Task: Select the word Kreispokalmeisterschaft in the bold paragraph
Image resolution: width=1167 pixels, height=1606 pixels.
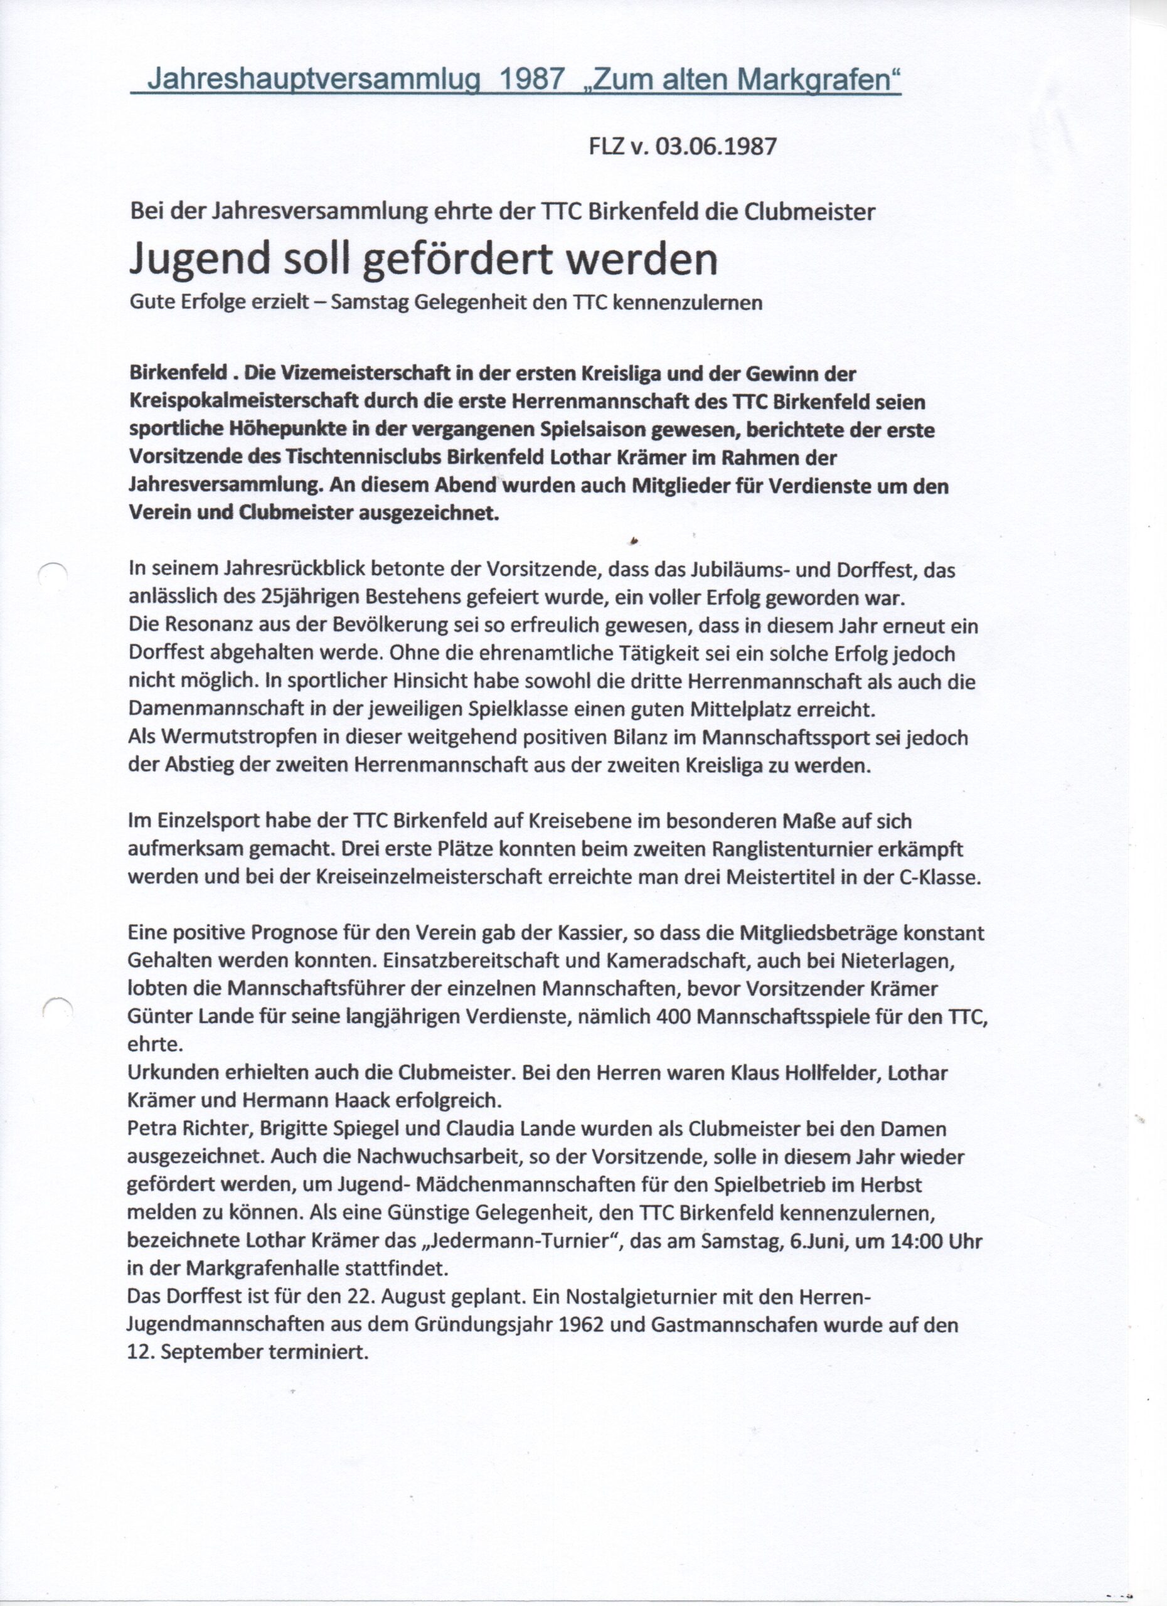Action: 244,402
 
